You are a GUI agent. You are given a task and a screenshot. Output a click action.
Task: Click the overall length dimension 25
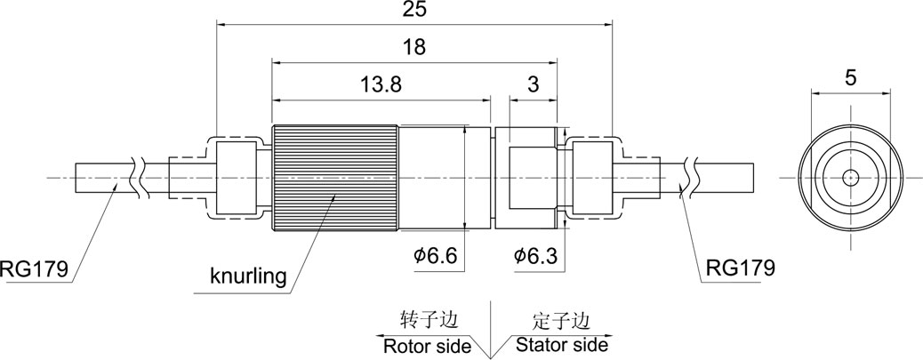point(414,11)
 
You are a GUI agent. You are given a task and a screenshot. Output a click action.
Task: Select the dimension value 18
point(414,47)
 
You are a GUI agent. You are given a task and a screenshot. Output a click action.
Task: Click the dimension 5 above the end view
point(851,77)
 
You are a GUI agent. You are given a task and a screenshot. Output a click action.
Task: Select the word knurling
point(248,276)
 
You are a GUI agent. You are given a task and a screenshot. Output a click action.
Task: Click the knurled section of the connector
point(333,177)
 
